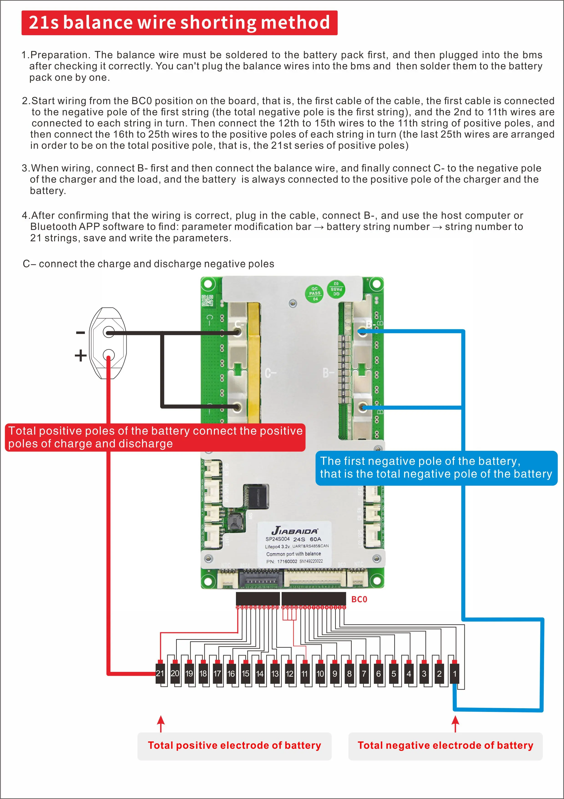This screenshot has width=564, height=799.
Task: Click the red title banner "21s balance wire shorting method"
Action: (x=179, y=23)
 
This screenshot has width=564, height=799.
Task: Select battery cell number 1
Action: (x=454, y=674)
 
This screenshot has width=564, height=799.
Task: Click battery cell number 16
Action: (x=231, y=674)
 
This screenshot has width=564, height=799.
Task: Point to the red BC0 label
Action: (x=359, y=599)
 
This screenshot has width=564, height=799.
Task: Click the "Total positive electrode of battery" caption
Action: (x=234, y=745)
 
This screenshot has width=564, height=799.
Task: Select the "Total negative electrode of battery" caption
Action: (x=445, y=745)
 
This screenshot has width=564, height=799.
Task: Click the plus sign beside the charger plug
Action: (x=80, y=355)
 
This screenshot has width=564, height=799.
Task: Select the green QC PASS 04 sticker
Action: (x=315, y=293)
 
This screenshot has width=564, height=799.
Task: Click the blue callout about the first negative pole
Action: (x=436, y=467)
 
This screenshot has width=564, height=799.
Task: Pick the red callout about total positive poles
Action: (x=155, y=437)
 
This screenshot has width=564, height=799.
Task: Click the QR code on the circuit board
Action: (x=207, y=300)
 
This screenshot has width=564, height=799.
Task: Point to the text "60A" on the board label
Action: (x=315, y=539)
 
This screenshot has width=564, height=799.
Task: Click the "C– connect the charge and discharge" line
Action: (x=148, y=264)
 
